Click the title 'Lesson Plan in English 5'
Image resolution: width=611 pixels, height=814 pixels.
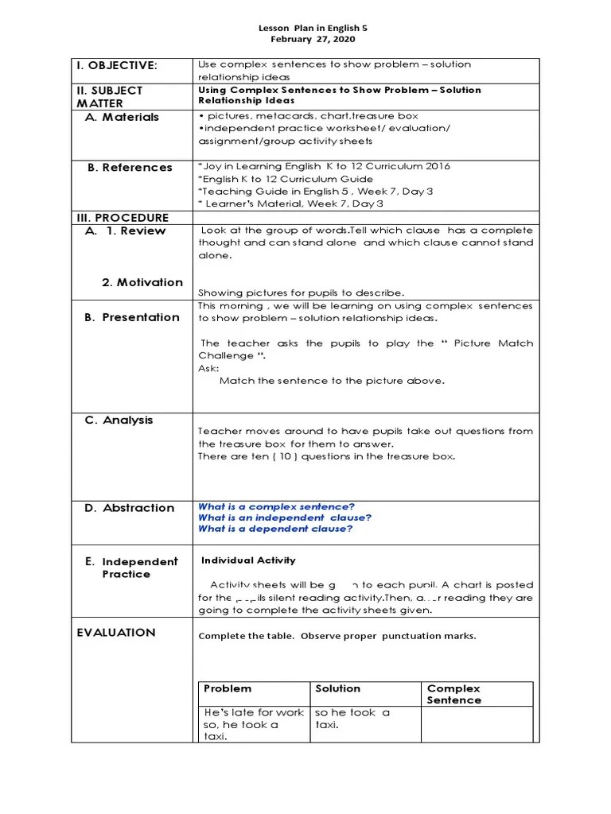click(313, 28)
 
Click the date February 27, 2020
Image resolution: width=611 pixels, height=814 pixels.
click(313, 39)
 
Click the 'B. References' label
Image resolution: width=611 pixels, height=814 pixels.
click(130, 168)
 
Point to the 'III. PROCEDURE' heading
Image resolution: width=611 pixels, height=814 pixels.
click(123, 218)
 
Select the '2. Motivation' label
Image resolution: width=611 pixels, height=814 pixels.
click(142, 282)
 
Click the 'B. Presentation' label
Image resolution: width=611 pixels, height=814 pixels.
click(132, 317)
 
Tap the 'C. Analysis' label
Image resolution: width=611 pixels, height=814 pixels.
click(119, 421)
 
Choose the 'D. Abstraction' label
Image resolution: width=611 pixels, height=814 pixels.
click(130, 508)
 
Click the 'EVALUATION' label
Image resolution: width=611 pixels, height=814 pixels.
click(116, 633)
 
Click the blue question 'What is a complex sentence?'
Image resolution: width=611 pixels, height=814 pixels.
click(276, 506)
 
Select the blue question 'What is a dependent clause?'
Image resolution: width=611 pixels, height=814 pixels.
click(275, 529)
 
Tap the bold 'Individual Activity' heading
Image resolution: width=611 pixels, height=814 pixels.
click(248, 560)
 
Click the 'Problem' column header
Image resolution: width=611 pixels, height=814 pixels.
click(228, 688)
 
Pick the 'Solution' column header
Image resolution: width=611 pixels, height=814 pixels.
click(337, 688)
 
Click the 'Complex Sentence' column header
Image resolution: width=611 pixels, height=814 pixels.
click(454, 694)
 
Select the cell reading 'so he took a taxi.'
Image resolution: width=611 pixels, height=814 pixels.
click(352, 719)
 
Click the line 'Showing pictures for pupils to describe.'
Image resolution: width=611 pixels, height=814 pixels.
click(301, 293)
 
